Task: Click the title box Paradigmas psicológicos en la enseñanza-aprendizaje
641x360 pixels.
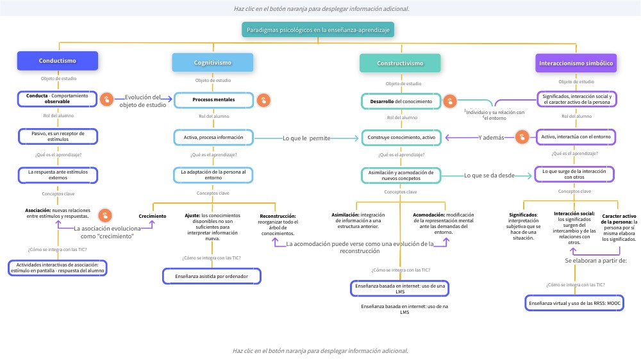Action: click(x=319, y=30)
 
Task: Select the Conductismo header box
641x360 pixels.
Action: click(x=58, y=61)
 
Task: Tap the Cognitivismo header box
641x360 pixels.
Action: click(x=213, y=63)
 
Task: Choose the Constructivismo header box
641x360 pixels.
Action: click(x=400, y=63)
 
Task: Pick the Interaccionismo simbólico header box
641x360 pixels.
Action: click(x=576, y=63)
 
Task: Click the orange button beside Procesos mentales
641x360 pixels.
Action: click(x=263, y=100)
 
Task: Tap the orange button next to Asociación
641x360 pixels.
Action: click(x=106, y=215)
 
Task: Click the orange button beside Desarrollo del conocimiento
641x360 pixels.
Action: click(x=451, y=101)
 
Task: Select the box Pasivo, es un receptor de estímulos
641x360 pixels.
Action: click(x=58, y=136)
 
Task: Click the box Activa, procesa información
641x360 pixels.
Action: click(x=213, y=137)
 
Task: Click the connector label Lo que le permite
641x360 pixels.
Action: click(x=306, y=138)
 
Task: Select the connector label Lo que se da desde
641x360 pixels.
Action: click(x=489, y=175)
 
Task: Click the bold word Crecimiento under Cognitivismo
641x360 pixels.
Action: click(x=153, y=217)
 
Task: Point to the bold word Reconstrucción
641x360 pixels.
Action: click(x=278, y=217)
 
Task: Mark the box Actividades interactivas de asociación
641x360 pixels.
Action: click(x=58, y=268)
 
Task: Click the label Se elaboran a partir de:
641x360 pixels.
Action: click(x=595, y=261)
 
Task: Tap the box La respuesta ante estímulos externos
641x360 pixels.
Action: click(x=58, y=175)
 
